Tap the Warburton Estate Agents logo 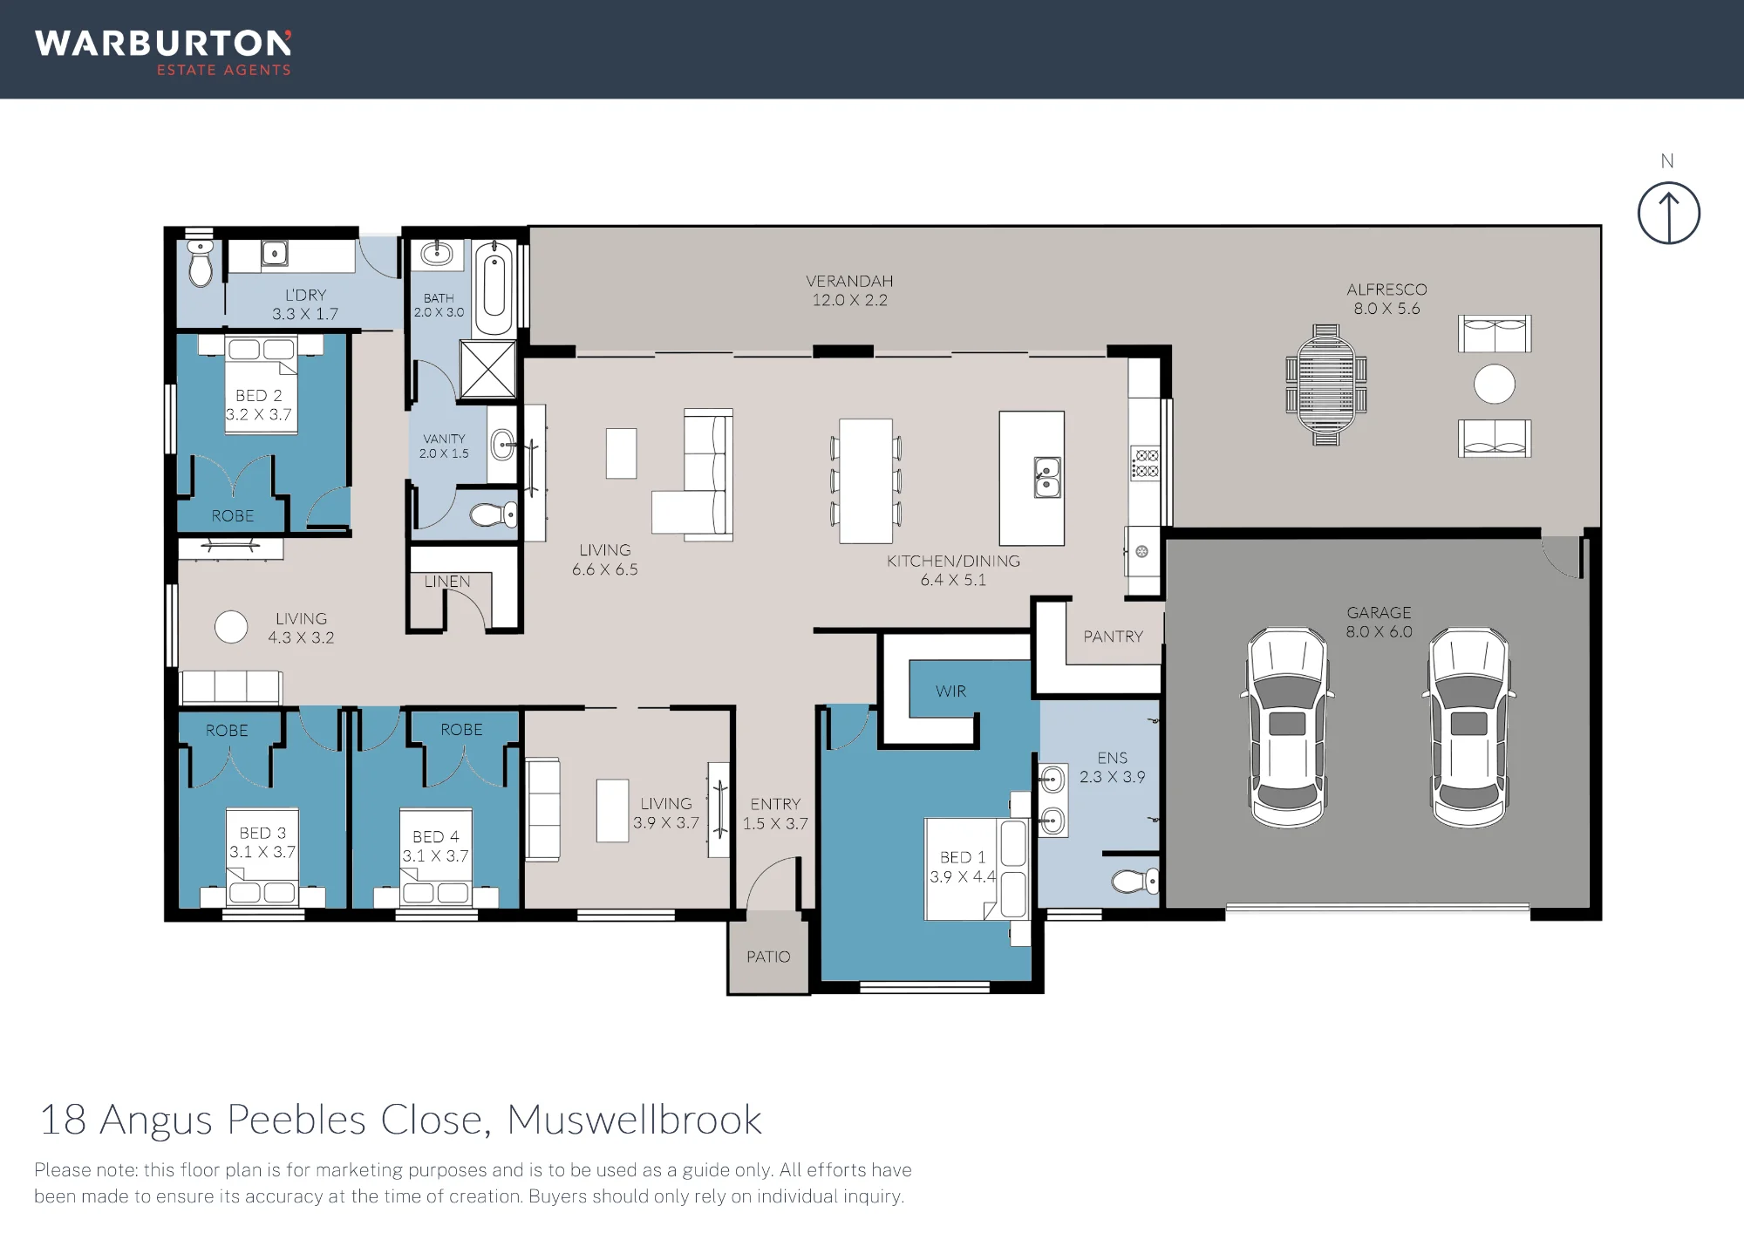163,53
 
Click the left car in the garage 1288,727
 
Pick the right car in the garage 1469,727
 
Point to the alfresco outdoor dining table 1325,385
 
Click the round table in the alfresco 1494,385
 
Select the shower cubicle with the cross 487,370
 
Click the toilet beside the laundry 201,263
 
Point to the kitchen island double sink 1047,477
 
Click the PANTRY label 1113,637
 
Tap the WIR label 950,691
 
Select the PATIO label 768,957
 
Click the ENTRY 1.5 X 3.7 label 775,814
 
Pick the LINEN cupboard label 447,582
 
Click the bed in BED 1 977,869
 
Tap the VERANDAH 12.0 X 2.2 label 849,290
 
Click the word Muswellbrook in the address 635,1120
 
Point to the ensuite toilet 1136,881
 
